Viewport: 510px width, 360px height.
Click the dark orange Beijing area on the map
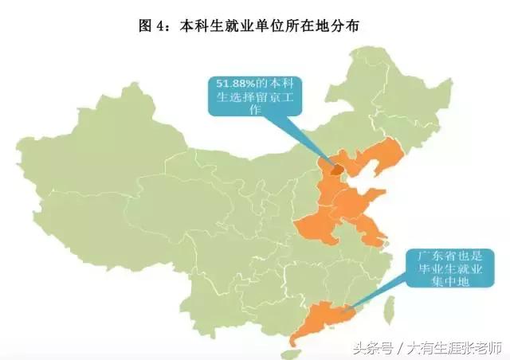click(x=336, y=169)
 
